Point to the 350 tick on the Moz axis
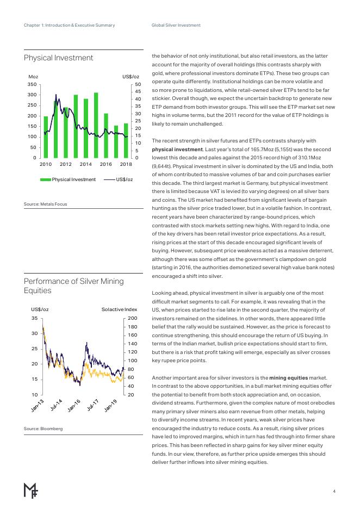(31, 85)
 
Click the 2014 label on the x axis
(86, 164)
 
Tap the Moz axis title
(33, 77)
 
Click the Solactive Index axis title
(119, 309)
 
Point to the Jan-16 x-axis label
(74, 405)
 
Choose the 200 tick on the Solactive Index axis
(132, 318)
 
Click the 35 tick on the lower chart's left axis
(34, 318)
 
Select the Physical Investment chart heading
(58, 58)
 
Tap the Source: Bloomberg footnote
(43, 429)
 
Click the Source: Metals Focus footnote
(45, 204)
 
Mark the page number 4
(334, 491)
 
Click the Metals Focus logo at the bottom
(30, 490)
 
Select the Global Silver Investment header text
(176, 26)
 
